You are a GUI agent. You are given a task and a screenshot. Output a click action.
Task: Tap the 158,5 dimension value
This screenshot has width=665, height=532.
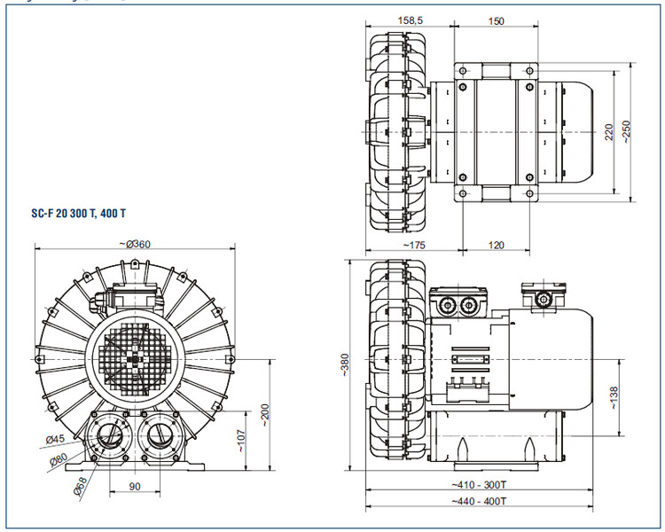point(410,20)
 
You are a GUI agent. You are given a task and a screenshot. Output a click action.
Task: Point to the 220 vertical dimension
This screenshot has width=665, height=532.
point(608,132)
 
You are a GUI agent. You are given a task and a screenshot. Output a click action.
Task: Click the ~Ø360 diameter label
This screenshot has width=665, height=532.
point(134,244)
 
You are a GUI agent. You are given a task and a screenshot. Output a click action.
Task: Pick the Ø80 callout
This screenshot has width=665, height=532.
point(59,459)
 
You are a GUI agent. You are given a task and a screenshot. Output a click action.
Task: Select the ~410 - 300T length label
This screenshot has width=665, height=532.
point(479,484)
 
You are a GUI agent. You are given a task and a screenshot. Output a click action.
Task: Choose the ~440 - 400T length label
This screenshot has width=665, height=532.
point(479,502)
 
